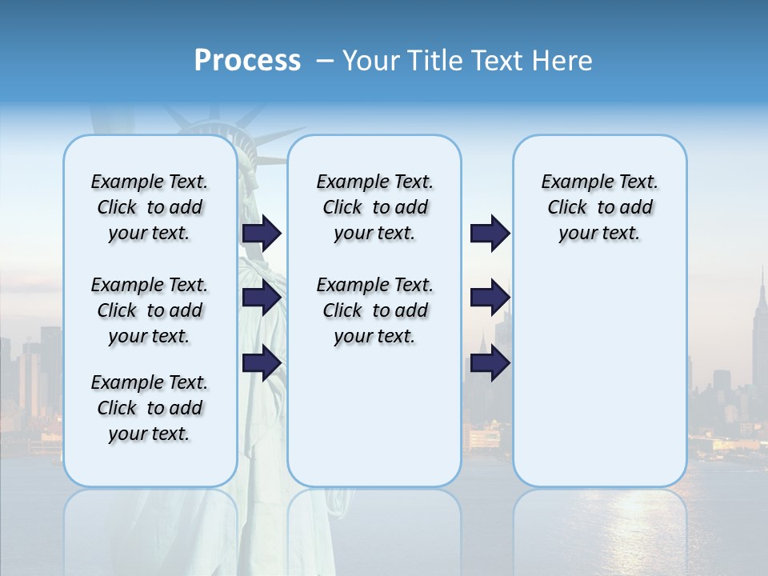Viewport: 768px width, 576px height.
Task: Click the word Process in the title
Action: pyautogui.click(x=247, y=61)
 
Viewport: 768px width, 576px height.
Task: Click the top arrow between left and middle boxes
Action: pyautogui.click(x=262, y=234)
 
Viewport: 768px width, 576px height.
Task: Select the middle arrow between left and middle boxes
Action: pyautogui.click(x=262, y=298)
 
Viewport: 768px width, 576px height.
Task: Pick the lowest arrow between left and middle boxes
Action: pyautogui.click(x=262, y=363)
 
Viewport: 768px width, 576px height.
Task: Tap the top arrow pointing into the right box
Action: pyautogui.click(x=490, y=234)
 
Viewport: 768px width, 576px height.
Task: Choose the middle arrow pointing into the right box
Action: pyautogui.click(x=490, y=298)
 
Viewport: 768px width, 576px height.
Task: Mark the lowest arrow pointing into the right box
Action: pyautogui.click(x=490, y=363)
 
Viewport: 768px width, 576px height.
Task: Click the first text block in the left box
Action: pyautogui.click(x=150, y=207)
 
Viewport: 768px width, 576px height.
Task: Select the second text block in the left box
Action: pyautogui.click(x=150, y=310)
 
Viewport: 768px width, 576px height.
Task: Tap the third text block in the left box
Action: pyautogui.click(x=150, y=408)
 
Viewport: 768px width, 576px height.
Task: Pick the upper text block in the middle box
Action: pyautogui.click(x=374, y=207)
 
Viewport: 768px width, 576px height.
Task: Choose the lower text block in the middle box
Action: pyautogui.click(x=374, y=310)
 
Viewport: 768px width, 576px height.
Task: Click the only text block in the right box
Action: pyautogui.click(x=600, y=207)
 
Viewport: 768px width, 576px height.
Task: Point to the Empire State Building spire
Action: pyautogui.click(x=762, y=280)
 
